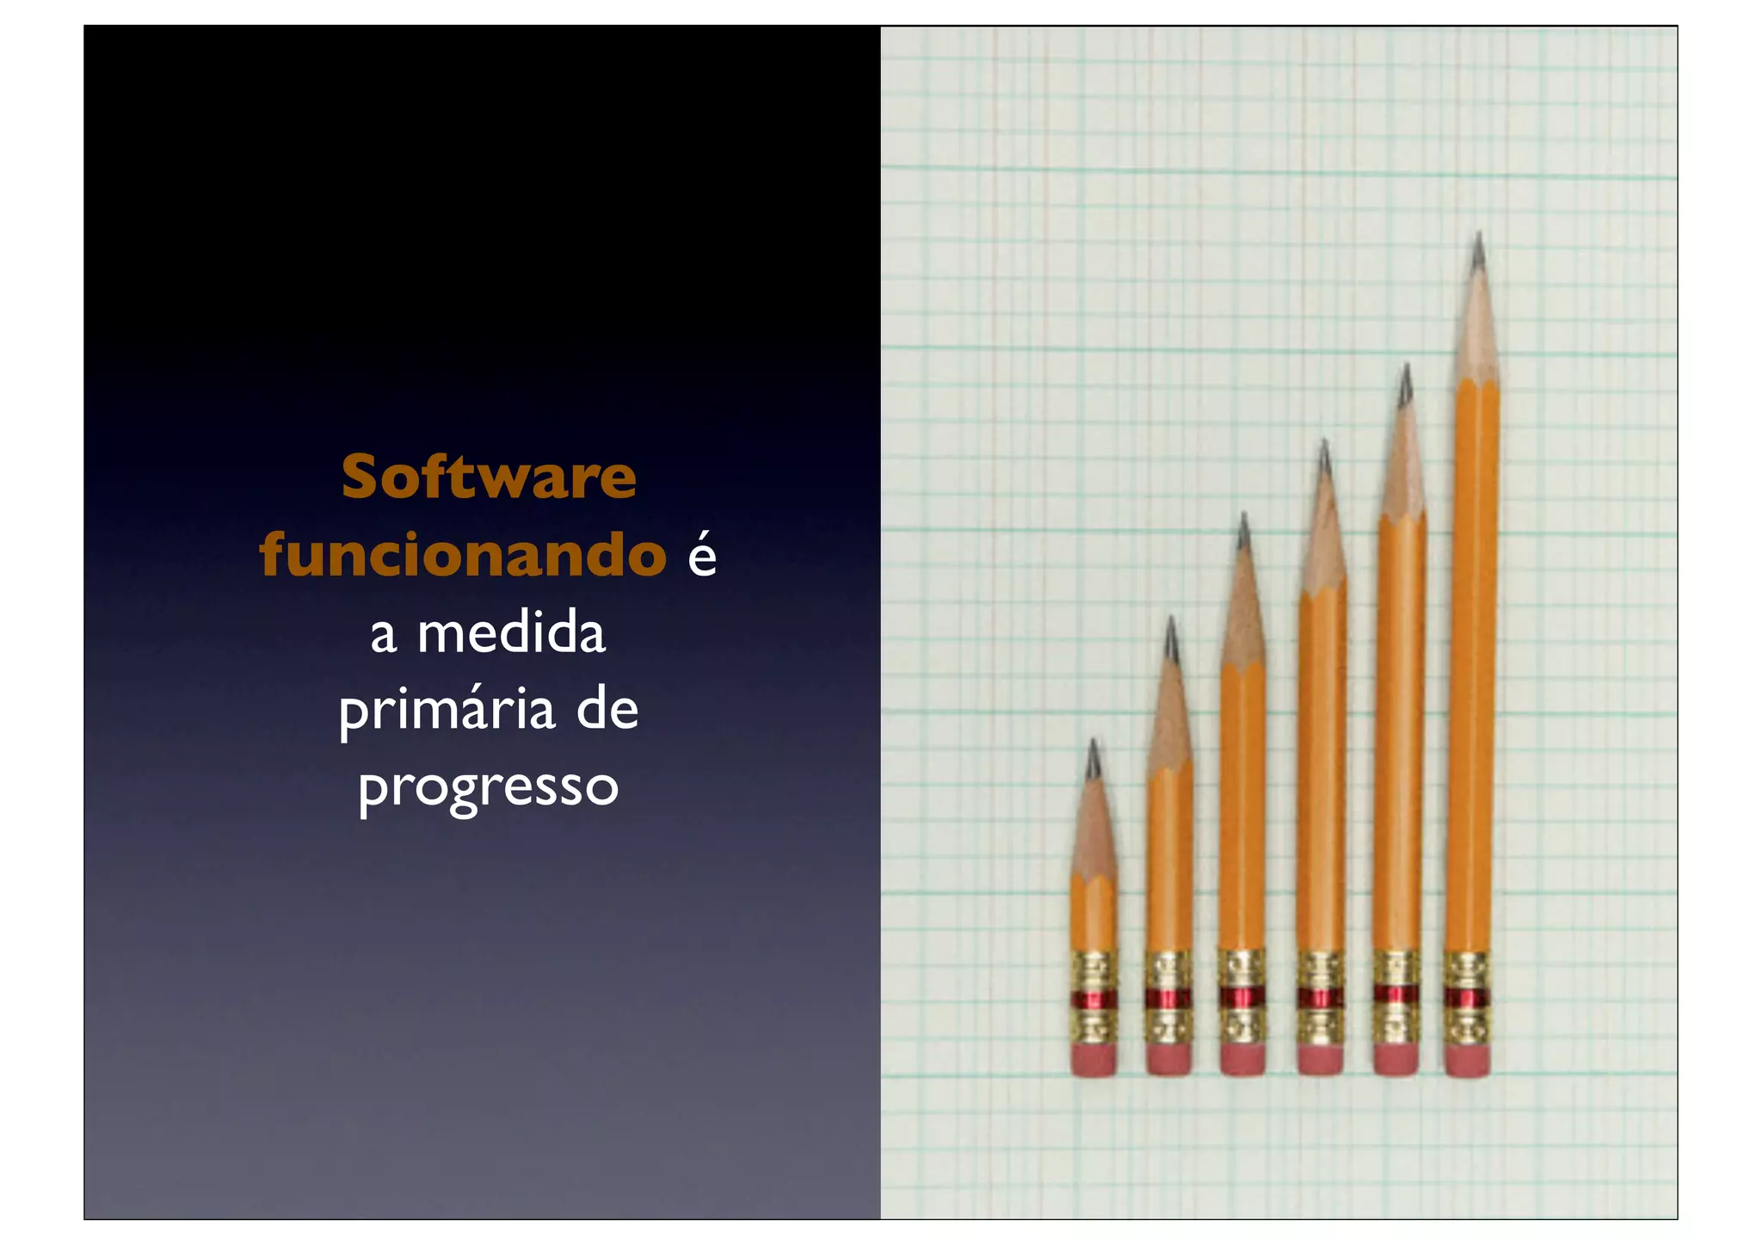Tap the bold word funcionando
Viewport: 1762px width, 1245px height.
coord(463,555)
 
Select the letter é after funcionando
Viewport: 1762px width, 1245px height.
coord(702,555)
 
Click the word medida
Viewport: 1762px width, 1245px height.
coord(511,634)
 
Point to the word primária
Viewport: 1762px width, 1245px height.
coord(447,712)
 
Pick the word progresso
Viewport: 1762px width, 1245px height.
coord(489,787)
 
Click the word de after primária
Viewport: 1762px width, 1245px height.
coord(607,710)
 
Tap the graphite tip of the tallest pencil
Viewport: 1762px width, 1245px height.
coord(1478,251)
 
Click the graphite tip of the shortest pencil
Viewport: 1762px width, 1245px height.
coord(1093,759)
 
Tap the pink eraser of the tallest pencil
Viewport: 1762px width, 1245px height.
coord(1467,1060)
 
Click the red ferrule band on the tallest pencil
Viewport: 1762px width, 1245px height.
coord(1467,998)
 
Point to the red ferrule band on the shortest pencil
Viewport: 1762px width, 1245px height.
coord(1094,1000)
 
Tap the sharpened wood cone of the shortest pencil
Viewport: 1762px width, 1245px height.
coord(1094,830)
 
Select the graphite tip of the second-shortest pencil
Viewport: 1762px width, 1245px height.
coord(1170,638)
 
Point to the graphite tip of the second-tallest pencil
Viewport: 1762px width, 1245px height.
coord(1405,385)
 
